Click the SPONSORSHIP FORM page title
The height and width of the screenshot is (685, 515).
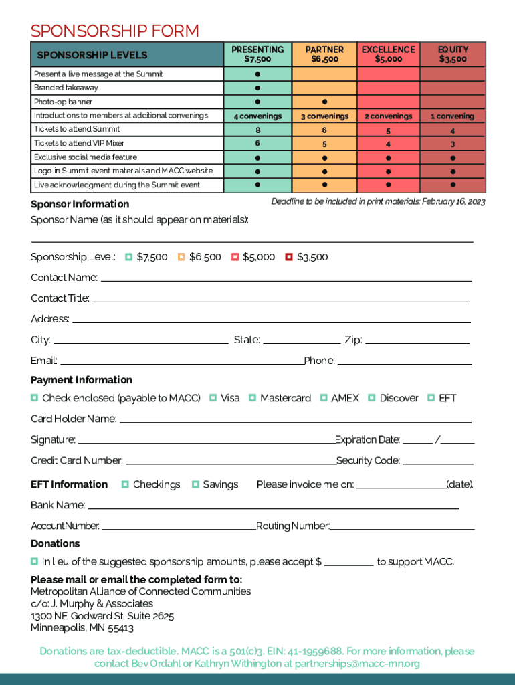point(114,31)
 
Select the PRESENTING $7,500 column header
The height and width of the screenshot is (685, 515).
point(257,54)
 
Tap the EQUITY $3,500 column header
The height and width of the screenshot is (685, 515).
point(453,54)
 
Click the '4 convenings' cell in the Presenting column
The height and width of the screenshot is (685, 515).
point(257,116)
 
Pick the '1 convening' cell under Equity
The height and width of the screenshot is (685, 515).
point(453,116)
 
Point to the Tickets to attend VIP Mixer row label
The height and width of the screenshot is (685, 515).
point(79,143)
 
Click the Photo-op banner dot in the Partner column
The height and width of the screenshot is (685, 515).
point(324,102)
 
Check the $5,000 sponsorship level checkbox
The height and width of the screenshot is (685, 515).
point(235,257)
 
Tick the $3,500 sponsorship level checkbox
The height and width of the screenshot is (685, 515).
point(289,257)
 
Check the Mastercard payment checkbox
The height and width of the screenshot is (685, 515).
point(253,398)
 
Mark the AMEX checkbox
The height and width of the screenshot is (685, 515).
point(324,398)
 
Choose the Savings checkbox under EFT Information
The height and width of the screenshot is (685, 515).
point(195,484)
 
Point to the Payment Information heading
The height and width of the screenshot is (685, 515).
point(82,380)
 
